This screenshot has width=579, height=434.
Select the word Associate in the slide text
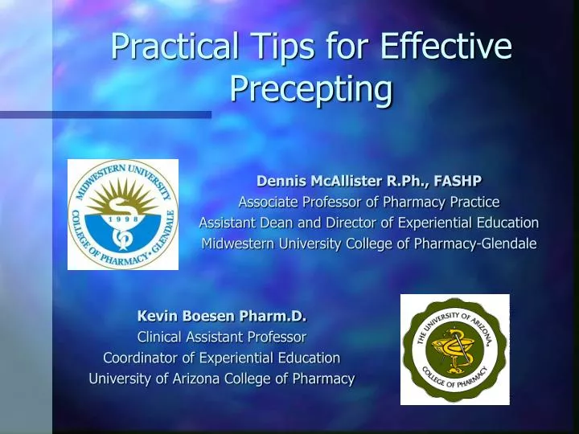point(268,202)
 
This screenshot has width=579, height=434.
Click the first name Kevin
point(157,316)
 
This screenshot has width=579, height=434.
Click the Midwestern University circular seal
point(124,215)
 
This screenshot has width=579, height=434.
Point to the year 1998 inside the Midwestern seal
point(123,219)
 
